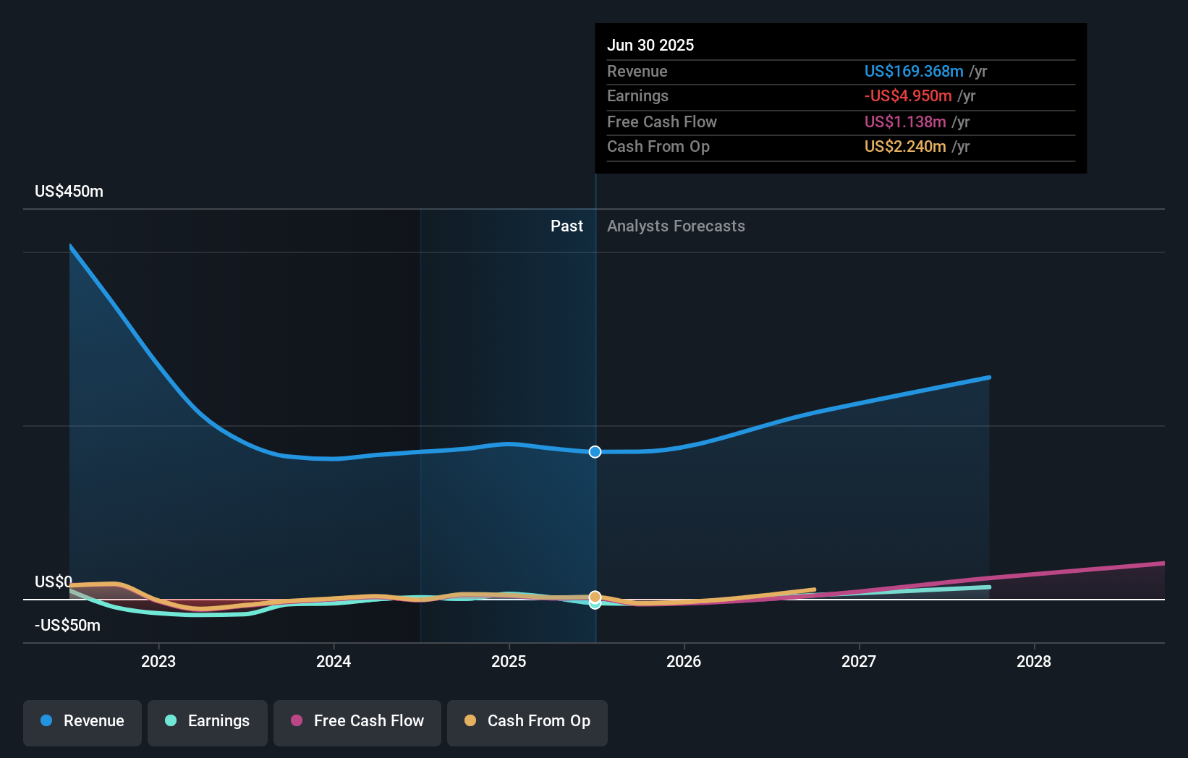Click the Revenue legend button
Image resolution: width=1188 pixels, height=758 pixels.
82,721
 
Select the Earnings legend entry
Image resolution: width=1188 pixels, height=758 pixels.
208,721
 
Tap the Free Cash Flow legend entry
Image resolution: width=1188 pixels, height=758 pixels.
357,721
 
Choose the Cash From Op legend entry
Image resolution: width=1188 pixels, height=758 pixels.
527,721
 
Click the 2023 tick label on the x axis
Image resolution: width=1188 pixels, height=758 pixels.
158,661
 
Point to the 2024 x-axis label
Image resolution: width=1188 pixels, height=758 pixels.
334,661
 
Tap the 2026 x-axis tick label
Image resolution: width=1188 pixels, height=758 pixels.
684,661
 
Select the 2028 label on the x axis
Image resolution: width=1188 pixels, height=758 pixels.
1034,661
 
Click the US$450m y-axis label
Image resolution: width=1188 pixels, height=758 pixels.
69,192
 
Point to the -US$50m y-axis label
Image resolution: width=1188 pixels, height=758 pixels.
67,626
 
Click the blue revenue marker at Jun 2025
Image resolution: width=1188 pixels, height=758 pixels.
595,452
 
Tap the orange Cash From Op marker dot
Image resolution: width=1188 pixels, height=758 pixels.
595,597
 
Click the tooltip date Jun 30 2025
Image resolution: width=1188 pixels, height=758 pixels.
650,45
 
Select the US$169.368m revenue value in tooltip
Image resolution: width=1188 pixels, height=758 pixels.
913,71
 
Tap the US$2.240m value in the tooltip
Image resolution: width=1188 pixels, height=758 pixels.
904,147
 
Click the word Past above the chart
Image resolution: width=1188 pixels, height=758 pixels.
567,226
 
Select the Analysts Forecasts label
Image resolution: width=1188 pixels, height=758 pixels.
676,226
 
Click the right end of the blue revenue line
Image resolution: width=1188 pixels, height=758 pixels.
988,378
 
